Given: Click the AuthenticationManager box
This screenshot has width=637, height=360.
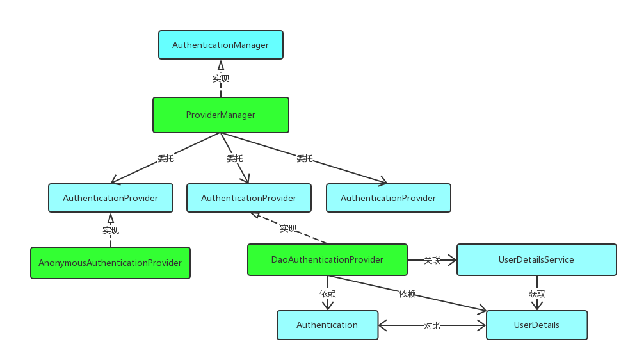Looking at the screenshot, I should coord(220,45).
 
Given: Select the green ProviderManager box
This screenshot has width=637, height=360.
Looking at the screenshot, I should coord(220,115).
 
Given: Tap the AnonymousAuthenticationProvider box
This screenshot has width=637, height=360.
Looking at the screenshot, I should coord(110,263).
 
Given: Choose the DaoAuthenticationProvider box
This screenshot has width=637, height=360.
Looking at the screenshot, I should coord(327,260).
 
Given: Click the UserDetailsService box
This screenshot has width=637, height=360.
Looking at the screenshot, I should coord(536,260).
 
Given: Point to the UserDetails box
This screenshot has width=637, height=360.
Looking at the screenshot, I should coord(536,325).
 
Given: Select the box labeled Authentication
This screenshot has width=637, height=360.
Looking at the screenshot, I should coord(327,325).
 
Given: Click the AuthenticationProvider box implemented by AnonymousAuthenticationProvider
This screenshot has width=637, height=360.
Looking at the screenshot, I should coord(110,199).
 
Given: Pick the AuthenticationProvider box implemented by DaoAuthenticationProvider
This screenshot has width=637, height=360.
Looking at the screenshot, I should coord(248,199).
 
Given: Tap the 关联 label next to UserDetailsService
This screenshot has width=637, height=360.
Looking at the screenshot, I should coord(432,261).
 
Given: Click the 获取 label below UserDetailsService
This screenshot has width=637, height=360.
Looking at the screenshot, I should coord(536,293).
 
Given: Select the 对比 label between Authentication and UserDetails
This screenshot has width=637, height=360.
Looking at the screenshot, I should coord(432,325).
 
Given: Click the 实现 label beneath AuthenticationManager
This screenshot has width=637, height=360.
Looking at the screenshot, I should coord(220,78).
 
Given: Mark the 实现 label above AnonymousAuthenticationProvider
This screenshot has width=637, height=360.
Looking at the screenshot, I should coord(110,229).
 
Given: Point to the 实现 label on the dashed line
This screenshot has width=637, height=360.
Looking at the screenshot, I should coord(288,228).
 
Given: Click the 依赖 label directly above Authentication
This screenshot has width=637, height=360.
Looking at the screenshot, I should coord(327,293).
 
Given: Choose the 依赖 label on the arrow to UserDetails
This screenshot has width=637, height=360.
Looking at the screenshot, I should coord(407,293).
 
